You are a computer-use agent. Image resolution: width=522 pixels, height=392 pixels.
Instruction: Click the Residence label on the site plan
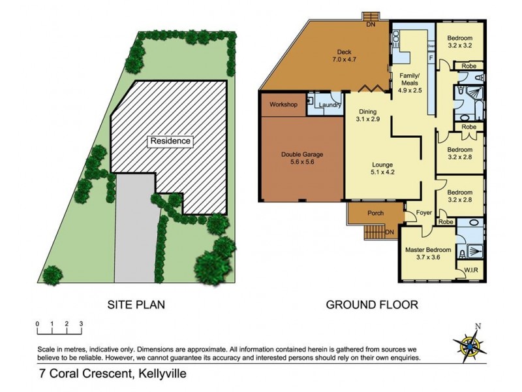pos(170,140)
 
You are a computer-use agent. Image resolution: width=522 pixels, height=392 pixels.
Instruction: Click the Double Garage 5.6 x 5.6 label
pos(302,159)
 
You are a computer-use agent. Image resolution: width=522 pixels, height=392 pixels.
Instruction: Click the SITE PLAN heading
pos(135,304)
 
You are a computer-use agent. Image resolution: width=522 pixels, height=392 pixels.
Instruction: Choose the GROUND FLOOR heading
pos(371,304)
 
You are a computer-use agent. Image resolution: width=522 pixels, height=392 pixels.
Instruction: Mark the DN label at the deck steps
pos(371,25)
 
